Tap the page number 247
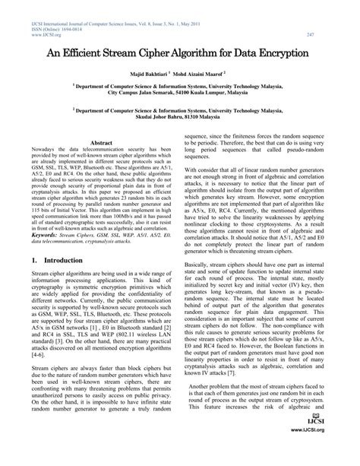pos(332,34)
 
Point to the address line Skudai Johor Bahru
pos(180,118)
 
